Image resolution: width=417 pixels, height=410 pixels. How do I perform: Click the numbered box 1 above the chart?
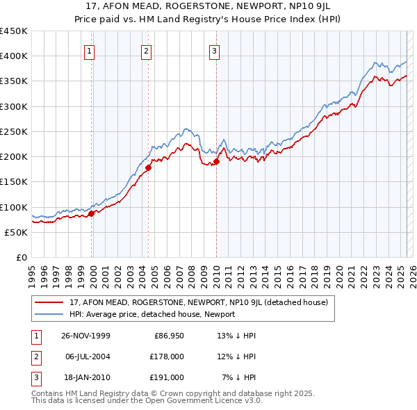pos(91,50)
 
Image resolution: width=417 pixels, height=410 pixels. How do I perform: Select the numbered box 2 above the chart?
pos(147,50)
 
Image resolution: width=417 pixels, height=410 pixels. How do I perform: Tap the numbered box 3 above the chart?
pos(214,50)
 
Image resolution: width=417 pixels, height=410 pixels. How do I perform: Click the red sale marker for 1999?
pos(91,214)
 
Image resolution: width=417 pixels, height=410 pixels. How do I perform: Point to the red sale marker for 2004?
pos(148,167)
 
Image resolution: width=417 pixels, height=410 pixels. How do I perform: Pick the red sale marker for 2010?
pos(216,161)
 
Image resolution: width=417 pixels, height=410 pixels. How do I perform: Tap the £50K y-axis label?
pos(17,232)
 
